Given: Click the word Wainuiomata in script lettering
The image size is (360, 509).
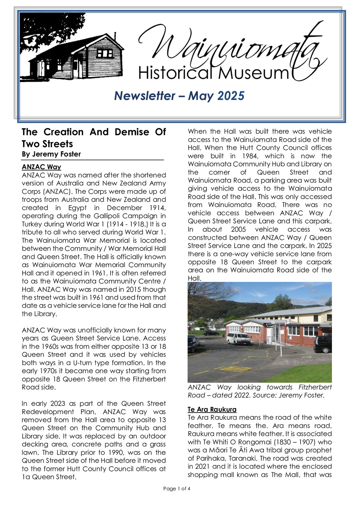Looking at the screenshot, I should (230, 47).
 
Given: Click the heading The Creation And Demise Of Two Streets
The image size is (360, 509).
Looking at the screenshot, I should (94, 138).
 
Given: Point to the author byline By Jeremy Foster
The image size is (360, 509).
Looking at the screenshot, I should (51, 154).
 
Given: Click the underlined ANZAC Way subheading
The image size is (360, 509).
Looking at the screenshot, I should (41, 167).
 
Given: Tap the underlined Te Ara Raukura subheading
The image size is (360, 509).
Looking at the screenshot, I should (212, 410).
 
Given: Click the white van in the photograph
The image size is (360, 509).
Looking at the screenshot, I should (238, 338).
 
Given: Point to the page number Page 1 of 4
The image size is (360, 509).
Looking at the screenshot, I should (176, 488).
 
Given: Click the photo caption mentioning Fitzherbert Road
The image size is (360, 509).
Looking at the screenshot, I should (259, 391).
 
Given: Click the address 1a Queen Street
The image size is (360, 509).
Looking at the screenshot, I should (49, 477).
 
